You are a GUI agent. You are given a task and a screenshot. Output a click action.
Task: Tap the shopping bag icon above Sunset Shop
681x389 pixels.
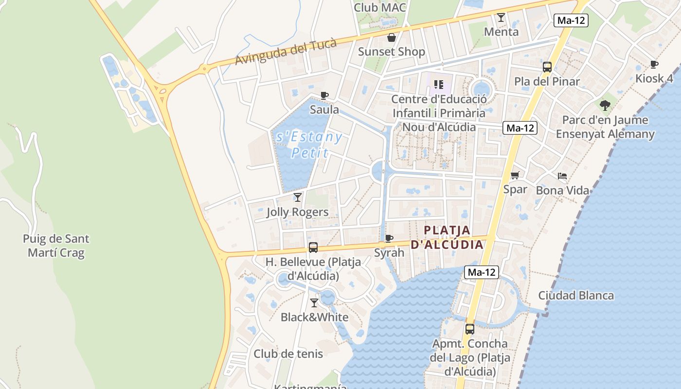click(x=391, y=37)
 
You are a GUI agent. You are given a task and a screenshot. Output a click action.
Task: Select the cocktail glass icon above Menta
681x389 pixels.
click(x=501, y=18)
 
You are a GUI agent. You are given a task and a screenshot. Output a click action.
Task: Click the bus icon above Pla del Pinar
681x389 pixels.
click(x=547, y=67)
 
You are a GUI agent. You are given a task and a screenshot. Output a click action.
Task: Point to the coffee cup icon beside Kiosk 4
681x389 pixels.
click(x=654, y=64)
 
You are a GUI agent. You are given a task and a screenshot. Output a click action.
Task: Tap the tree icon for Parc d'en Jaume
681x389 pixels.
click(x=605, y=105)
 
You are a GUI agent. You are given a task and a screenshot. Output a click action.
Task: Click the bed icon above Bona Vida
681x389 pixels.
click(x=562, y=176)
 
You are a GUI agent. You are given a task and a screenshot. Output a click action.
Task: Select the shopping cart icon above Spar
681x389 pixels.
click(x=515, y=175)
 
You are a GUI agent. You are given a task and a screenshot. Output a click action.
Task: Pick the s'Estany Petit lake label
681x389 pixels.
click(x=309, y=145)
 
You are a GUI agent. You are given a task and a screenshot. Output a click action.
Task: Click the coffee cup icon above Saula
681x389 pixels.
click(x=324, y=95)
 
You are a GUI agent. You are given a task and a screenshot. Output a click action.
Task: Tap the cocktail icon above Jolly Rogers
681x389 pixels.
click(x=298, y=197)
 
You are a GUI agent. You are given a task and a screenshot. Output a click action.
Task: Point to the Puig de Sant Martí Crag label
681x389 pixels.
click(x=56, y=246)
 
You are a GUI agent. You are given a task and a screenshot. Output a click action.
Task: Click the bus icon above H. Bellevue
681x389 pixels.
click(x=313, y=248)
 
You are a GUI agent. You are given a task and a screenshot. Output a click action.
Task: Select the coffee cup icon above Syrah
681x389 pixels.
click(x=389, y=238)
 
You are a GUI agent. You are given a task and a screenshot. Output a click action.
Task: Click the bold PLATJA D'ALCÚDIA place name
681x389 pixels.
click(x=447, y=237)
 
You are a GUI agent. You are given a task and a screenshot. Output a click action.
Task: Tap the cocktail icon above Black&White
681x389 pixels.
click(x=314, y=303)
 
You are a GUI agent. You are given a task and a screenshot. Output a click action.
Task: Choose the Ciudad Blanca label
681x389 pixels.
click(x=576, y=296)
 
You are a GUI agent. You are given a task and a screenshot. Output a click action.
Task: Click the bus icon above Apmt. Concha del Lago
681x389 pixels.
click(x=470, y=329)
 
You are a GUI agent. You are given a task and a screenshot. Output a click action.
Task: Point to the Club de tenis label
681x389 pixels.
click(x=288, y=354)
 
